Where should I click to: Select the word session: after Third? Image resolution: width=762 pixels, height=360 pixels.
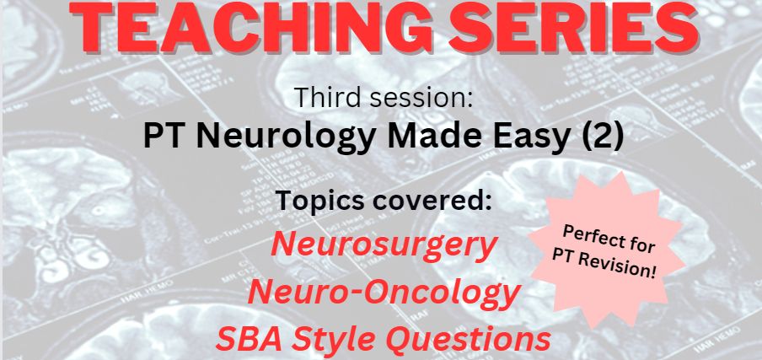click(x=421, y=99)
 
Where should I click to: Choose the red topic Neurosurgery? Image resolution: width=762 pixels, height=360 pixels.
click(x=384, y=246)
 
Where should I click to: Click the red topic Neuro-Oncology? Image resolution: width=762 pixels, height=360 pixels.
click(x=384, y=293)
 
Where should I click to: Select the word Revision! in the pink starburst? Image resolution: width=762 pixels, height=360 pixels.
click(x=628, y=268)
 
